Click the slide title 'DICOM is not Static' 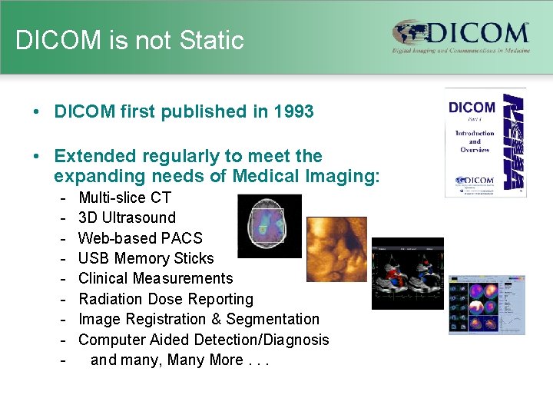point(129,40)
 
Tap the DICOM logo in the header point(460,38)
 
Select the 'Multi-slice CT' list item point(124,198)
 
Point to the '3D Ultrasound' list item point(127,217)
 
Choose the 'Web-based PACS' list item point(140,238)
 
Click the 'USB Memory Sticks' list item point(146,258)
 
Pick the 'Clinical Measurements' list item point(155,278)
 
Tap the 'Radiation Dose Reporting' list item point(165,299)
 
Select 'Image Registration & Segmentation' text point(199,319)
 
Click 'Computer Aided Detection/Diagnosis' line point(204,340)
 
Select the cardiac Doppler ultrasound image point(407,274)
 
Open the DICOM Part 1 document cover point(485,143)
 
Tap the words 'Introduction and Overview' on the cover point(474,141)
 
